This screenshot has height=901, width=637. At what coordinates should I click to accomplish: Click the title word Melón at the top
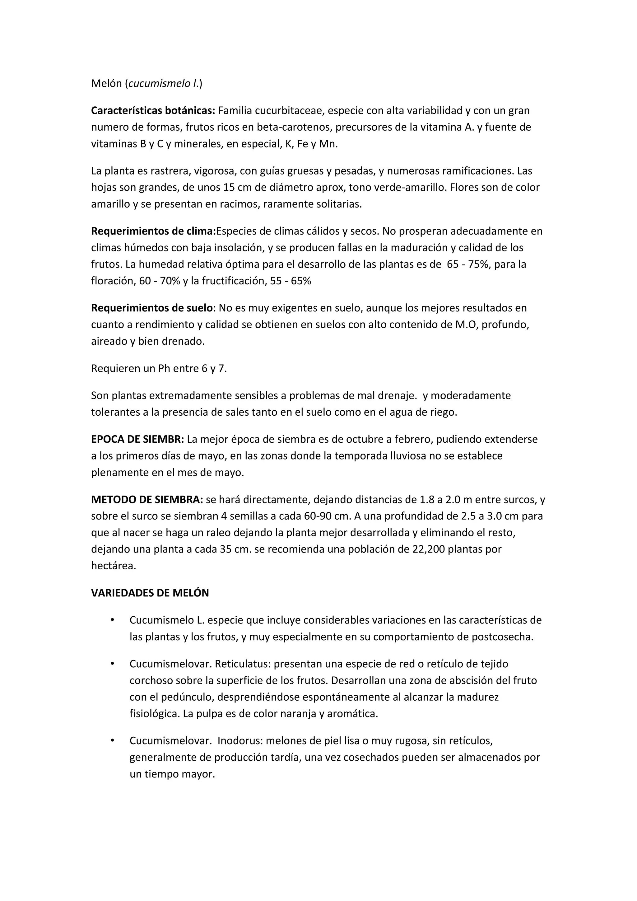[x=106, y=84]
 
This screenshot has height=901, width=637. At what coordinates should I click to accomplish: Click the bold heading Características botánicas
[x=153, y=111]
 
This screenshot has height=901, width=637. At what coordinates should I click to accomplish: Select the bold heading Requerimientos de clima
[x=153, y=231]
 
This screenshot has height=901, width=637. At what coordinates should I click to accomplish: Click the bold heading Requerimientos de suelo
[x=152, y=308]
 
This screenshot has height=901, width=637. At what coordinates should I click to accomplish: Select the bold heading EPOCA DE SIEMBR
[x=137, y=439]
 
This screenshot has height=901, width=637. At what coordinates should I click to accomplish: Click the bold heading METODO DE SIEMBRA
[x=147, y=500]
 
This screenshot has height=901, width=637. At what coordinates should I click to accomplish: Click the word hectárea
[x=113, y=566]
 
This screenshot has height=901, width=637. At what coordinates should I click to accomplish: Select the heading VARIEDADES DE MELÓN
[x=150, y=593]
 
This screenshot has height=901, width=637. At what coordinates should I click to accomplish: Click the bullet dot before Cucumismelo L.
[x=112, y=620]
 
